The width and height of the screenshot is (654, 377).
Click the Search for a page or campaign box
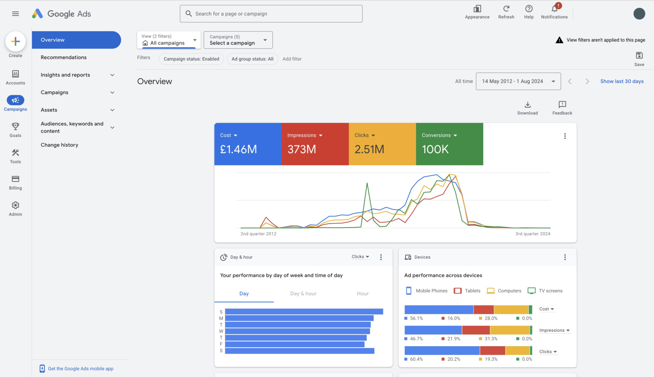(x=271, y=14)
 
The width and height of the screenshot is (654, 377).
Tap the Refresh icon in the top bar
(x=506, y=9)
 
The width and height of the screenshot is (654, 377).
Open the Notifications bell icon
(x=554, y=9)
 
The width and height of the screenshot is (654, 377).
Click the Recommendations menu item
(x=64, y=57)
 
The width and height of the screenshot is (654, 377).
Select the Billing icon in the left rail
(x=15, y=179)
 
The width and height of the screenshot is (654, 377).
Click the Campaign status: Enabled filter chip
(x=191, y=59)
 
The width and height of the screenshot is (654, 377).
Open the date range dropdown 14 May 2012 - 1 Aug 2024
(x=518, y=81)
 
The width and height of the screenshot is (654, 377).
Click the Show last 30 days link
(x=622, y=81)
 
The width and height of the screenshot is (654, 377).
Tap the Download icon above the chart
(x=528, y=105)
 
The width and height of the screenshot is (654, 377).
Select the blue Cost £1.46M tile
(x=248, y=144)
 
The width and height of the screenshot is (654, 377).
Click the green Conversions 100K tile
(x=449, y=144)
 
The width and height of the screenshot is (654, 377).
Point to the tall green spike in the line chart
(x=367, y=184)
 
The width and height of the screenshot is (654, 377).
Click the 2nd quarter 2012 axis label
(x=258, y=234)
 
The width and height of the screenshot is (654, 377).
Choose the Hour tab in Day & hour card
(x=362, y=293)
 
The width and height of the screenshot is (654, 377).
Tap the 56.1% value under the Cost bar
(x=416, y=318)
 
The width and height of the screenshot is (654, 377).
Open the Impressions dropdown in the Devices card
(x=554, y=330)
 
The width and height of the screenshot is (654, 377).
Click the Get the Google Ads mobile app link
(x=80, y=369)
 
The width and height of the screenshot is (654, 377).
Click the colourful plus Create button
(x=15, y=42)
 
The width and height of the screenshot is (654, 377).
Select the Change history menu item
(x=59, y=145)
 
